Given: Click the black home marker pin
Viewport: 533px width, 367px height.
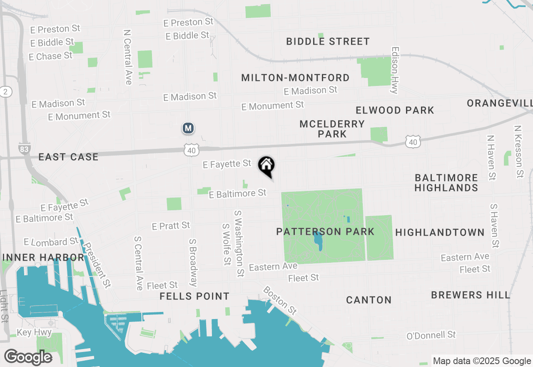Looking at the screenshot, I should click(x=266, y=166).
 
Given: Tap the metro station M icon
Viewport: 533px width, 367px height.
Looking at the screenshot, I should click(x=188, y=128).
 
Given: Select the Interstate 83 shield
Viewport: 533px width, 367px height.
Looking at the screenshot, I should click(x=25, y=148).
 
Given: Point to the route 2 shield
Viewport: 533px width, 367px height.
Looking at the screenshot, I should click(x=5, y=92).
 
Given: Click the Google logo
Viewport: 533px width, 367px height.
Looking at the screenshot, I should click(x=28, y=357).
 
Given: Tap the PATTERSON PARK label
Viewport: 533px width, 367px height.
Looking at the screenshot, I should click(x=325, y=231).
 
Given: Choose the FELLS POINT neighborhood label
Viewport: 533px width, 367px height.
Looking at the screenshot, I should click(x=194, y=296).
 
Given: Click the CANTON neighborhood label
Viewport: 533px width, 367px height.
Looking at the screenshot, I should click(x=369, y=300).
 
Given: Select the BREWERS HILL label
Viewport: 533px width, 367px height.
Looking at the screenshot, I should click(x=471, y=295).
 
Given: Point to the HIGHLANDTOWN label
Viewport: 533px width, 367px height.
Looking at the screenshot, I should click(x=440, y=232).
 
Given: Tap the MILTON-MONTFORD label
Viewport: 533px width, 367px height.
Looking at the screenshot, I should click(x=295, y=78).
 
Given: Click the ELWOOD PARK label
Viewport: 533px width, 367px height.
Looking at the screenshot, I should click(x=395, y=110).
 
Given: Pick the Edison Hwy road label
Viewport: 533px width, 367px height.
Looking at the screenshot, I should click(x=394, y=70).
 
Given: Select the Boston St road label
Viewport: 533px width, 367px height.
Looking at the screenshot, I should click(x=280, y=300).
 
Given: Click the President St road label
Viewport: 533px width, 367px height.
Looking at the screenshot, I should click(x=97, y=265).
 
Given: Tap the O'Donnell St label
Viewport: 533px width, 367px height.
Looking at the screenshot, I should click(x=431, y=335).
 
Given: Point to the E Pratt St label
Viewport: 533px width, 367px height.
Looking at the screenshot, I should click(x=171, y=226).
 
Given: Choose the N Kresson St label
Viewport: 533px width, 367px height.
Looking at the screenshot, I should click(x=518, y=152).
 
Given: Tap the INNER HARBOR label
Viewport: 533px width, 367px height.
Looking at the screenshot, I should click(x=43, y=257).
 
